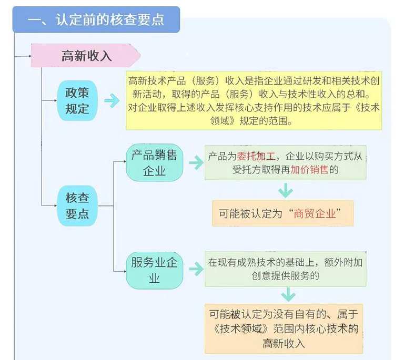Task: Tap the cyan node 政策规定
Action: pos(77,101)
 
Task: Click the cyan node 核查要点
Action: pos(77,205)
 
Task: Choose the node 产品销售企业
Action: pos(154,162)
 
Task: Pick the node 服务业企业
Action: pos(154,270)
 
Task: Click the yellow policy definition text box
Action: pos(254,100)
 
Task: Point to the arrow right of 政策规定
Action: pos(112,101)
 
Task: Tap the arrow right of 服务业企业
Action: pos(196,269)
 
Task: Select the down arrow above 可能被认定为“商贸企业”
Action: pos(285,190)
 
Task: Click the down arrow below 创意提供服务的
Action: pos(285,294)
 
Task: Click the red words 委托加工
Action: pos(256,156)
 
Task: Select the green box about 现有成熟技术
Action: pos(285,269)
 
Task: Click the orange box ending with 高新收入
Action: pos(284,328)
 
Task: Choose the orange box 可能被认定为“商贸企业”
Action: pos(283,214)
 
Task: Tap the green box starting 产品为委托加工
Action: pos(285,162)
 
